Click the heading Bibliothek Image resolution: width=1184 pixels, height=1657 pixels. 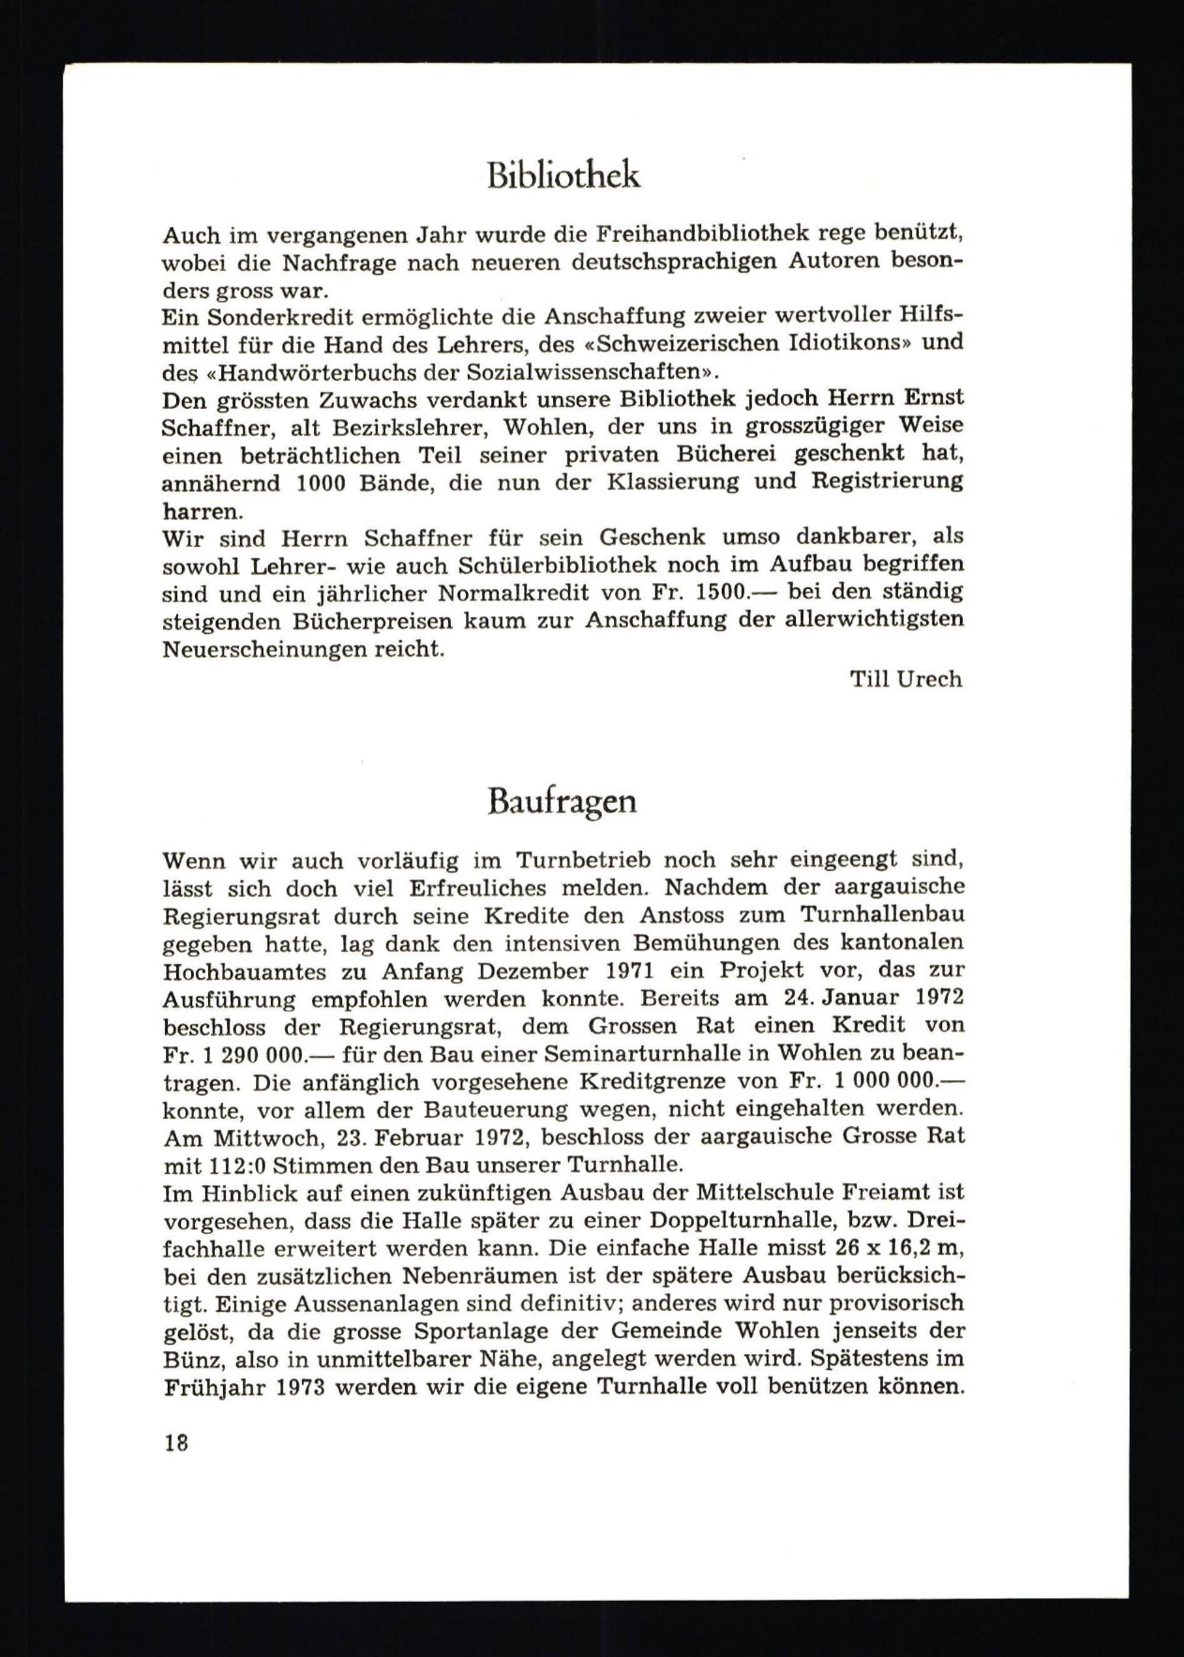click(564, 176)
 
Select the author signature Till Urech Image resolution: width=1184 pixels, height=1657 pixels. click(906, 680)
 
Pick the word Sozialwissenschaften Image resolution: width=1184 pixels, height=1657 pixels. click(576, 372)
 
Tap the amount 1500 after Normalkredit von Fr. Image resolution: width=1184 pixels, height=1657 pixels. click(722, 592)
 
